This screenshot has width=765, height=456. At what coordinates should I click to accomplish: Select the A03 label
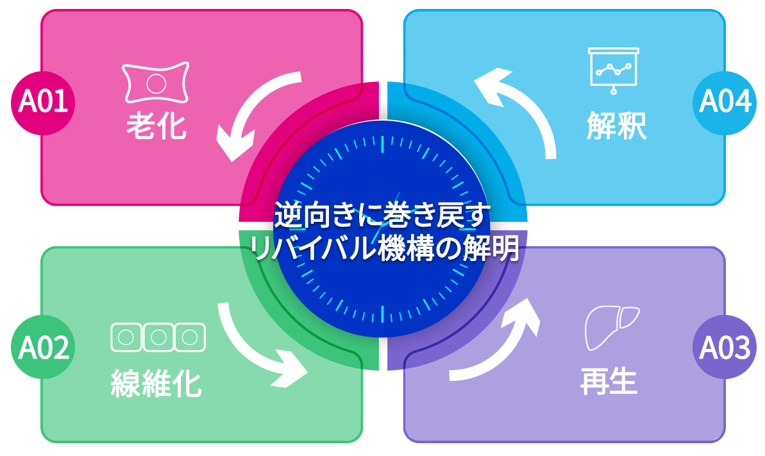(x=725, y=348)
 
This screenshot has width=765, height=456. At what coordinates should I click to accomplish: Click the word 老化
(x=156, y=126)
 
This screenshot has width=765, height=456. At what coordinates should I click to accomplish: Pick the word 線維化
(x=156, y=384)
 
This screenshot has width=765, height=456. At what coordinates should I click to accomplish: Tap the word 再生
(x=609, y=382)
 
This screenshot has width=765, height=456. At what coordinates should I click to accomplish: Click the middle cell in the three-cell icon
(x=158, y=337)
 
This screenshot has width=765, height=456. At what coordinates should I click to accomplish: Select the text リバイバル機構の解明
(x=383, y=248)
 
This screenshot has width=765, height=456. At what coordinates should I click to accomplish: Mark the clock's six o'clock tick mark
(x=383, y=314)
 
